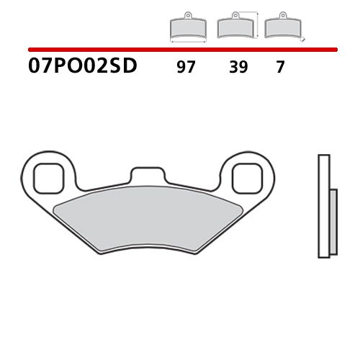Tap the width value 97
tap(186, 68)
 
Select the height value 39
tap(237, 68)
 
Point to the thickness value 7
tap(280, 68)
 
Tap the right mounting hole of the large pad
tap(248, 176)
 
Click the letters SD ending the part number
tap(125, 68)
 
